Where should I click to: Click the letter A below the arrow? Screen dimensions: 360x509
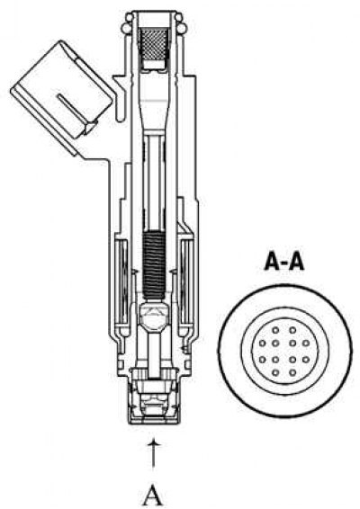pos(153,496)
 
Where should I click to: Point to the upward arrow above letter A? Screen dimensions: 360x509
pos(153,455)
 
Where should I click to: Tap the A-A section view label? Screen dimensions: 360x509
pos(284,262)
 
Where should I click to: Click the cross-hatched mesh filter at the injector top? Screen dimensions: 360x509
pos(155,43)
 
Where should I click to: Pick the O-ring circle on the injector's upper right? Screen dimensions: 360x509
pos(183,27)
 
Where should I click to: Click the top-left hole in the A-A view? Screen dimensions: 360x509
pos(275,330)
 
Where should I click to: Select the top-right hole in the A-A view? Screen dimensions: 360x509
pos(292,330)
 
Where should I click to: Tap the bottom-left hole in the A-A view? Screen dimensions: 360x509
pos(275,372)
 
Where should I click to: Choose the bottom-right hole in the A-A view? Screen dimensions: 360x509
pos(292,372)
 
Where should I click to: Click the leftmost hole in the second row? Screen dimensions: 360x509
pos(263,343)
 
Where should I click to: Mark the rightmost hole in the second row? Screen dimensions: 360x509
pos(306,343)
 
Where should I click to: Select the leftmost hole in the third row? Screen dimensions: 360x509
pos(263,360)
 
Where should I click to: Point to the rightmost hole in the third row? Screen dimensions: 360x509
pos(306,360)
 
